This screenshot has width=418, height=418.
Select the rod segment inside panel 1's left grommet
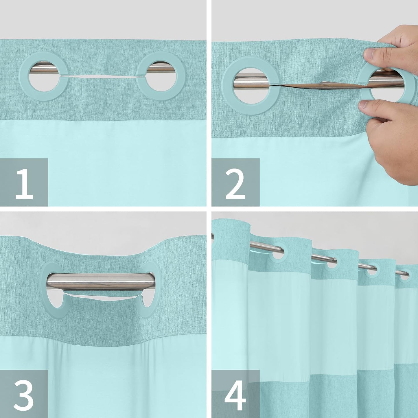point(43,70)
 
